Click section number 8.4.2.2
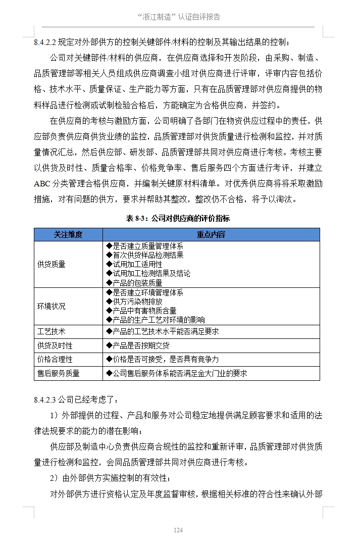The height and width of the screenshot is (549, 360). point(46,42)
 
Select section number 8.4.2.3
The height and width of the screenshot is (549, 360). point(46,401)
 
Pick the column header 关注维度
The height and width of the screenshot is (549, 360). point(68,235)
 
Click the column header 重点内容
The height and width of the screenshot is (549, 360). point(211,235)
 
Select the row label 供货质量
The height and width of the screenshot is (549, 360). point(52,264)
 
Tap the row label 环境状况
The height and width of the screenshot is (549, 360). point(52,306)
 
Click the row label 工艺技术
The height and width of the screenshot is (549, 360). point(52,332)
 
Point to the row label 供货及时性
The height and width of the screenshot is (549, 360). point(55,345)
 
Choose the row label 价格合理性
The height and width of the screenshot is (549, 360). point(55,359)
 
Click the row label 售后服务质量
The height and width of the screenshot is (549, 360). point(59,373)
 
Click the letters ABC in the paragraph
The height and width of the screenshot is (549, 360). point(43,183)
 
